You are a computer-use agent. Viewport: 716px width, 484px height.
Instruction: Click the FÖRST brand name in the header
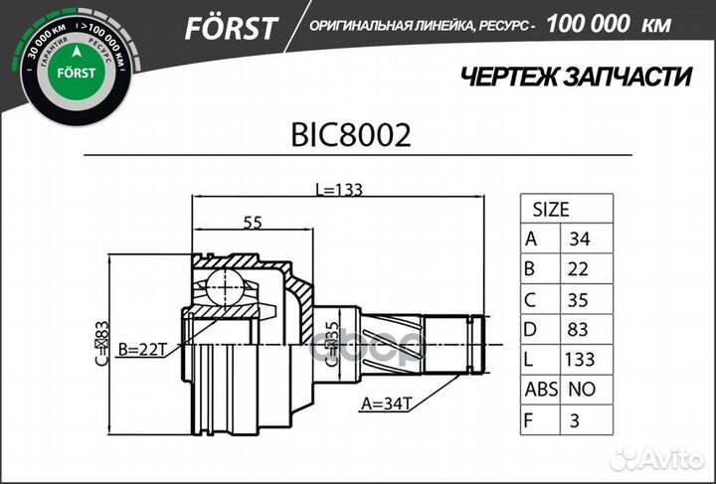(230, 29)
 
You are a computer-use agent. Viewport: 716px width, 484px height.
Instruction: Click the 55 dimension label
(253, 224)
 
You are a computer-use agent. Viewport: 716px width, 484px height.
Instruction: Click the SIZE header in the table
(551, 210)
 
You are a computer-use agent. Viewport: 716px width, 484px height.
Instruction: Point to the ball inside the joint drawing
(230, 287)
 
